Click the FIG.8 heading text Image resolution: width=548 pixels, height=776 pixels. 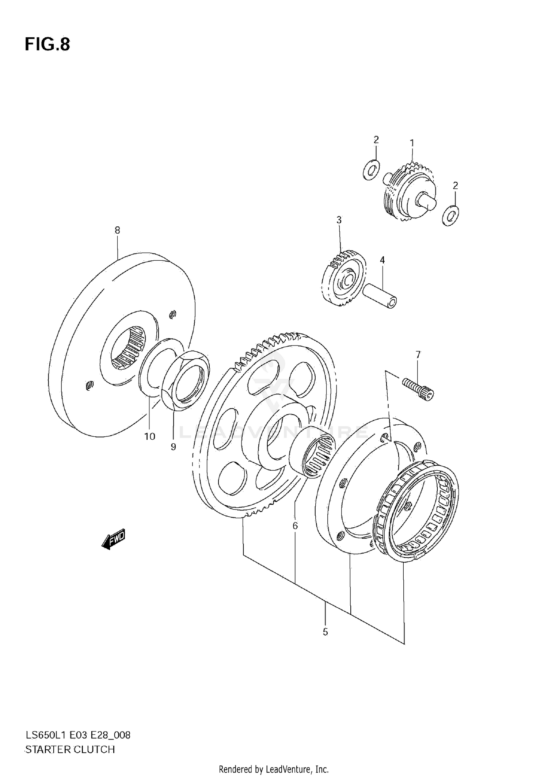click(x=47, y=45)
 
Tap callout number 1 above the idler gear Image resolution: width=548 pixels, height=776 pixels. click(x=412, y=143)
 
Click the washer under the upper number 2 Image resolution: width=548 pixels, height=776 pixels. click(x=371, y=170)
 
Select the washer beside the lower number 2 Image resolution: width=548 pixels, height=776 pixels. click(x=450, y=215)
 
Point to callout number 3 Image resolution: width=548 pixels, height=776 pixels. click(x=339, y=220)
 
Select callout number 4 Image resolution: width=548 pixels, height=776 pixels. click(x=382, y=260)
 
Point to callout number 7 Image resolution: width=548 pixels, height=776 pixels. click(x=418, y=355)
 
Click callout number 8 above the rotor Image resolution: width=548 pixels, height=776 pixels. click(x=117, y=230)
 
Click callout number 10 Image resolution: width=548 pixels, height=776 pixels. click(x=150, y=436)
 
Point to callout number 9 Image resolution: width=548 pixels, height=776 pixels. click(x=173, y=447)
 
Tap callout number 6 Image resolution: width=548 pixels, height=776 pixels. click(x=295, y=526)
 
